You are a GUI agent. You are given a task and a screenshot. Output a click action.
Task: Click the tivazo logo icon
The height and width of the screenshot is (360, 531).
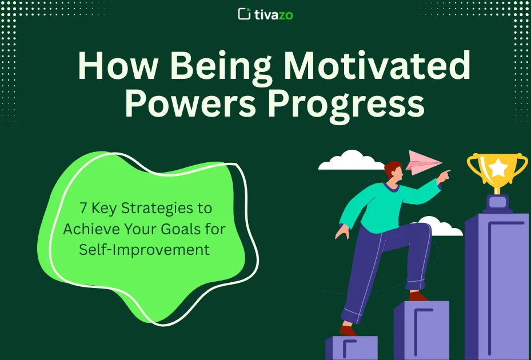[x=244, y=14]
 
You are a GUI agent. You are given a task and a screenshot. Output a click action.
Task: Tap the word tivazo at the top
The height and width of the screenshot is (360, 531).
[x=274, y=15]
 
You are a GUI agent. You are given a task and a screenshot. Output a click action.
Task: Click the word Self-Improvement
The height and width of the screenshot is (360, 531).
[x=145, y=250]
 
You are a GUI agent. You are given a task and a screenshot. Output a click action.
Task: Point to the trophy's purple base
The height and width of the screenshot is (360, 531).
[x=497, y=204]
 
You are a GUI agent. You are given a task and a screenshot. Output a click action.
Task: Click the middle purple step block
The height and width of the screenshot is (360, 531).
[x=421, y=330]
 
